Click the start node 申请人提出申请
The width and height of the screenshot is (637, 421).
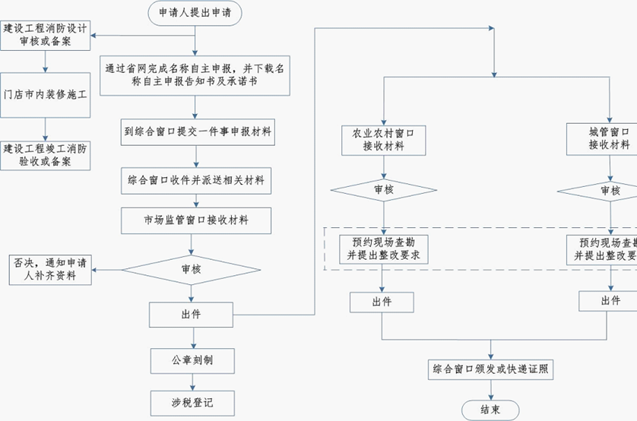point(195,12)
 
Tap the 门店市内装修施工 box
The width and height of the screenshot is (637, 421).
point(46,96)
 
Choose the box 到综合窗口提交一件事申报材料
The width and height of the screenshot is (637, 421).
point(195,131)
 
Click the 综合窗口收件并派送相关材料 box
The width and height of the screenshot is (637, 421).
point(195,181)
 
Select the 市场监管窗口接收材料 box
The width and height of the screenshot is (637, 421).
point(195,221)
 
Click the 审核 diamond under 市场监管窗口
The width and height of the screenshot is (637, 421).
point(192,269)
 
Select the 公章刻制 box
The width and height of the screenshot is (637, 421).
point(192,359)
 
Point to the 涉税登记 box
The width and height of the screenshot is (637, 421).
point(192,402)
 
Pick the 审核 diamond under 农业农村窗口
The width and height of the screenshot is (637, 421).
point(383,190)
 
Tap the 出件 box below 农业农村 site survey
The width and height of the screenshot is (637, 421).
point(382,302)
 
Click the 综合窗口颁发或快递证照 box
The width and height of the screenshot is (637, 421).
point(491,370)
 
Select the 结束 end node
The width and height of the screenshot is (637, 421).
point(491,410)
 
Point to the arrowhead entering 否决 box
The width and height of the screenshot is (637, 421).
point(96,269)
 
